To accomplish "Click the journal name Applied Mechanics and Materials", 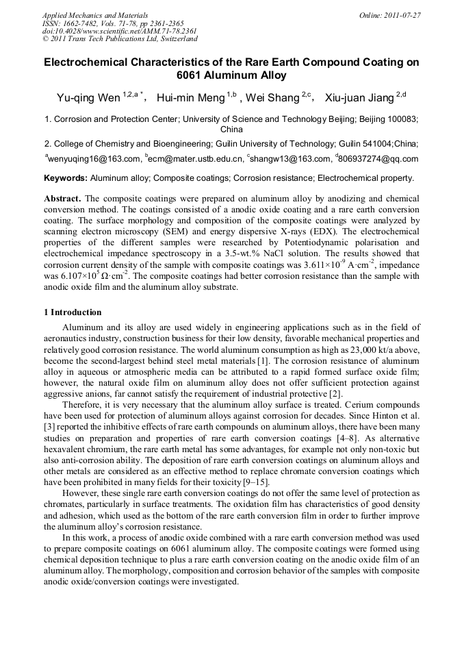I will (x=94, y=14).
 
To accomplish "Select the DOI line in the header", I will (x=119, y=31).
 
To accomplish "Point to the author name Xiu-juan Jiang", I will (x=359, y=99).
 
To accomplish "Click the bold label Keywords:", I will (x=66, y=178).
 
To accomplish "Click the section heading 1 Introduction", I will (x=73, y=312).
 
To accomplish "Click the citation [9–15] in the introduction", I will (x=255, y=482).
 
